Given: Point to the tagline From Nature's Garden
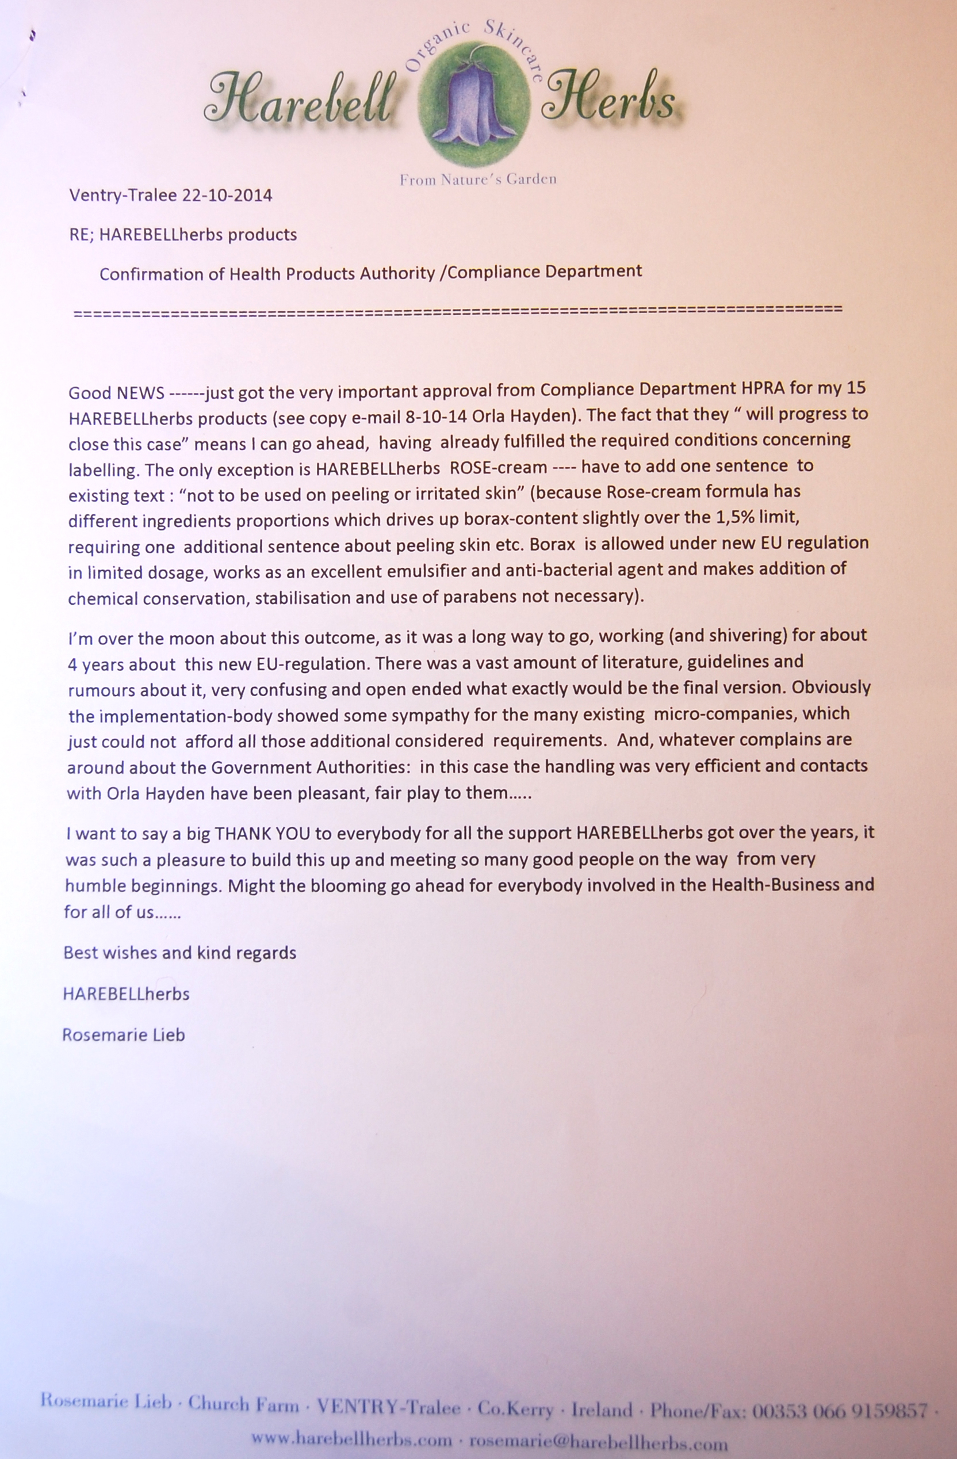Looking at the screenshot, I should [478, 179].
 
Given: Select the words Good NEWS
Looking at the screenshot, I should [116, 393].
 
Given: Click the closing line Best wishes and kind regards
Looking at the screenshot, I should [179, 953].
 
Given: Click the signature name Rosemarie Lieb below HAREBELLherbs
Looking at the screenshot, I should [123, 1035].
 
